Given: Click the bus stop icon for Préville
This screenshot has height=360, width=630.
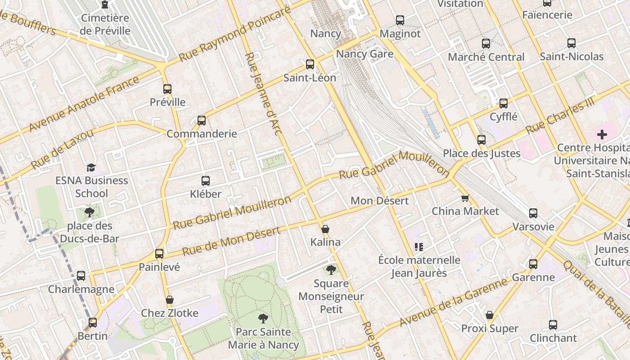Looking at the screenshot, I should (167, 89).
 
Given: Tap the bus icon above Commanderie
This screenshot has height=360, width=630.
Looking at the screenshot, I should (202, 121).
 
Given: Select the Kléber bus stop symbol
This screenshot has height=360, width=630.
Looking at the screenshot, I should (206, 181).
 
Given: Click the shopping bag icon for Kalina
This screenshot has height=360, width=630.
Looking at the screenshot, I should (325, 229).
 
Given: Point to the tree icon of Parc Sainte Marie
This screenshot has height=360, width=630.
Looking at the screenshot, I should (263, 319).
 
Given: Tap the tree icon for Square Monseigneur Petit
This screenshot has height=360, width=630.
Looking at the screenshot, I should (331, 270).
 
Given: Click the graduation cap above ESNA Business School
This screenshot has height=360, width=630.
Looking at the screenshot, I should (91, 167).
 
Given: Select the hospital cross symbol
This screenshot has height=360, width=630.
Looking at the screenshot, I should (602, 135).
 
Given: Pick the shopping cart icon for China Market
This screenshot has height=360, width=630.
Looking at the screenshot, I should (465, 198).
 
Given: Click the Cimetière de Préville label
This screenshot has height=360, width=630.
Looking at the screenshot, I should (105, 24).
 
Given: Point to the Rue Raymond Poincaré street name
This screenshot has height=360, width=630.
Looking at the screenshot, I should (234, 35).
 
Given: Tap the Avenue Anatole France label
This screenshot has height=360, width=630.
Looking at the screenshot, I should (84, 104).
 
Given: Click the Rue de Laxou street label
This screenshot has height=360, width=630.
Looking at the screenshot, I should (63, 149).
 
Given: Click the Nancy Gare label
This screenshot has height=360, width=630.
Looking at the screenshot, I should (364, 54).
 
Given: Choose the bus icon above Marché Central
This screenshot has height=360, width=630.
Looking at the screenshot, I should (486, 44).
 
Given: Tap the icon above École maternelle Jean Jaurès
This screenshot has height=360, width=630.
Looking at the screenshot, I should (419, 247).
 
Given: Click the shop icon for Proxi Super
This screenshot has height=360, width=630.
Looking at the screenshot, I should (490, 315).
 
